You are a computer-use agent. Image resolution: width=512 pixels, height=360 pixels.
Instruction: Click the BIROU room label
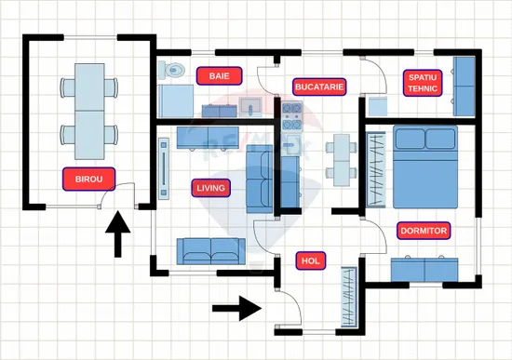click(x=88, y=179)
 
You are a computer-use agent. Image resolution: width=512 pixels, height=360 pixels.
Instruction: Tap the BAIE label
click(x=219, y=76)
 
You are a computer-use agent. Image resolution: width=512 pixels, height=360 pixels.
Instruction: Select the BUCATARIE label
click(x=319, y=87)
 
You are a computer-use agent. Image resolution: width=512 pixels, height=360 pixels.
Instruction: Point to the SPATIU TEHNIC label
click(x=423, y=83)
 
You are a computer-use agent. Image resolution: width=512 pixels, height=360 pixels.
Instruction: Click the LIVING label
click(x=211, y=188)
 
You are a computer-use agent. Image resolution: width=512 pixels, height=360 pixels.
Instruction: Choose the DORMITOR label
click(x=424, y=231)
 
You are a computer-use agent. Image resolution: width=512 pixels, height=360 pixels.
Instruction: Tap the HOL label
click(x=311, y=260)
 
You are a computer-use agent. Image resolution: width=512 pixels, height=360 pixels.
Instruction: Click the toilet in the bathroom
click(x=171, y=70)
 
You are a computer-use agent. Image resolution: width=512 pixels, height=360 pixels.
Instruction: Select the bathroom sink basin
click(x=250, y=107)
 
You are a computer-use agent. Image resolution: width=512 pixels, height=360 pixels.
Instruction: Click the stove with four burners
click(x=292, y=116)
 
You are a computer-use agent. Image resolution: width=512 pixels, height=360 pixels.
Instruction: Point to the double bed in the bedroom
click(x=425, y=167)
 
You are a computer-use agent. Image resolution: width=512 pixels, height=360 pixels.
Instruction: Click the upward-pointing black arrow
click(x=118, y=234)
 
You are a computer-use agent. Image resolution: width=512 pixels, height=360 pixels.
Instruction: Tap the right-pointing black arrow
click(x=236, y=308)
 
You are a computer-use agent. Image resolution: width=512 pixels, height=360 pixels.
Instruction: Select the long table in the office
click(x=89, y=112)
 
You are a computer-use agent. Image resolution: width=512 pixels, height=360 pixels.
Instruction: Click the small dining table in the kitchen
click(x=342, y=160)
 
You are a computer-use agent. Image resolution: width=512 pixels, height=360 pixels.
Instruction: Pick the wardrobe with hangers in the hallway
click(x=349, y=297)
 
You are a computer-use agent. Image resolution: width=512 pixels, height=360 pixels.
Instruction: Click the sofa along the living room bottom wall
click(x=211, y=251)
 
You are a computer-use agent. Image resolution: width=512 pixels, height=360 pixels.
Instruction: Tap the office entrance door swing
click(x=117, y=194)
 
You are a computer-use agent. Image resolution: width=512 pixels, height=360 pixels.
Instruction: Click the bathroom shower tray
click(x=176, y=100)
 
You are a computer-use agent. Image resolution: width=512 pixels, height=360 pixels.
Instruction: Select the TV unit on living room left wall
click(x=164, y=168)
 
